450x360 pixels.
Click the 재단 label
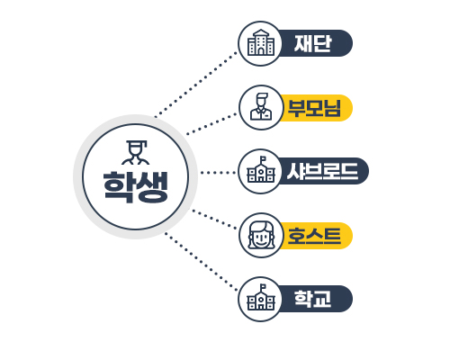point(312,43)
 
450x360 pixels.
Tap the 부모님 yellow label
point(314,108)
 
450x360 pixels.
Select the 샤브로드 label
point(323,171)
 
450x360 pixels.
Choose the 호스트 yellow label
point(314,236)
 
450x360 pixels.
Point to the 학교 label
point(312,299)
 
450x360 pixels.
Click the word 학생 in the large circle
point(135,187)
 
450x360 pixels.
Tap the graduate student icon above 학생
point(136,152)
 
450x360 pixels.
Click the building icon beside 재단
point(261,42)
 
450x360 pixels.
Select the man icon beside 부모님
point(261,106)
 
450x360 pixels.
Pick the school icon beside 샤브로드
point(261,169)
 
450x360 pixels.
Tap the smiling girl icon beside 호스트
point(261,236)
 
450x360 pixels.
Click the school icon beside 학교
point(261,297)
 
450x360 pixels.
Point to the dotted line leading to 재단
point(195,85)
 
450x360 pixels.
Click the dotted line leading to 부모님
point(211,123)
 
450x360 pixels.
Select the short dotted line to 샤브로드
point(218,173)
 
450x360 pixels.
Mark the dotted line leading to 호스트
point(214,220)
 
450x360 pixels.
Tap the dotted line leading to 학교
point(201,262)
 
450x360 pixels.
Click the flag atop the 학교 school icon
point(263,286)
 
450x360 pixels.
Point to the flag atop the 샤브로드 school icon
point(263,158)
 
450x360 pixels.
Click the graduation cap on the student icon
point(137,143)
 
